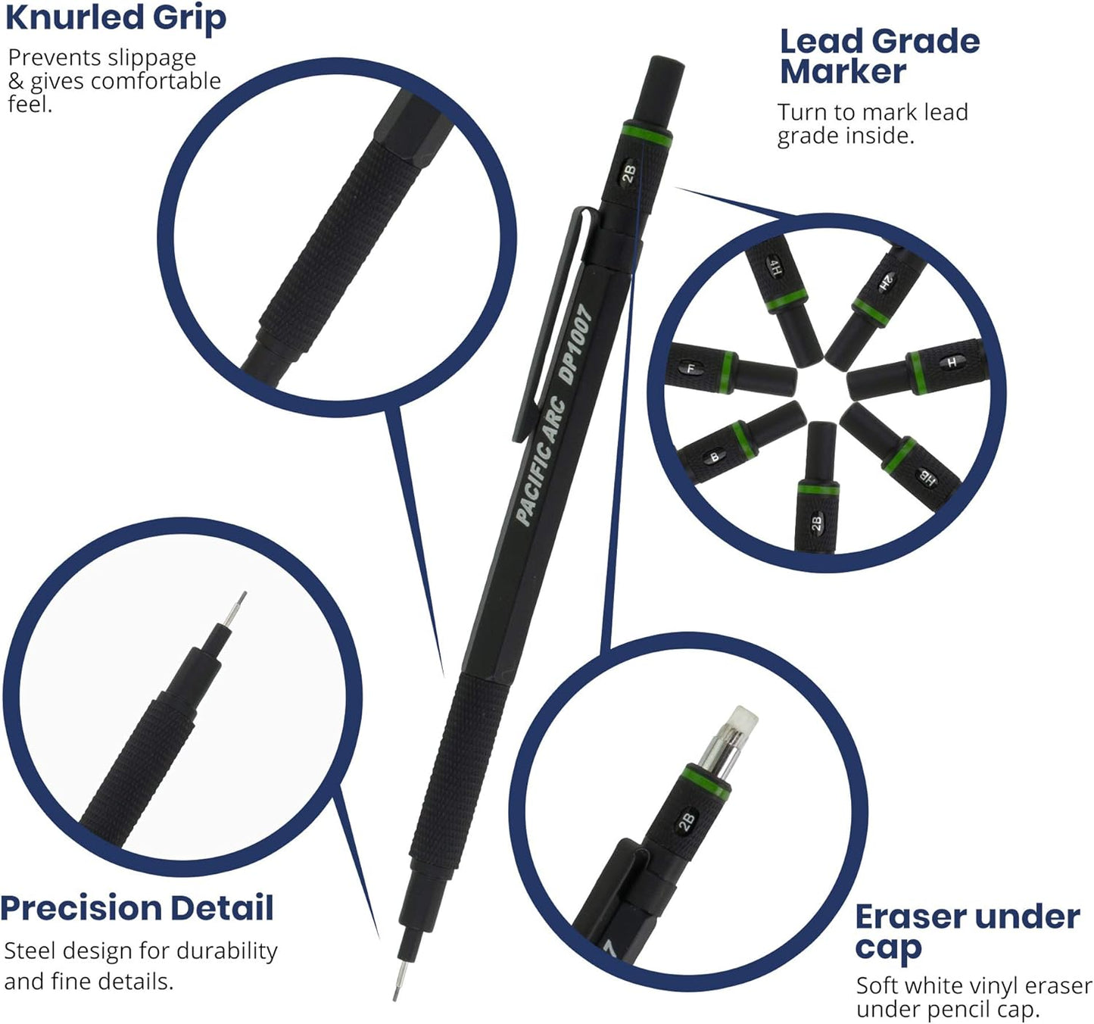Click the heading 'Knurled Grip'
[115, 18]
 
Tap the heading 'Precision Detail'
[137, 908]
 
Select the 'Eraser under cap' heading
[967, 932]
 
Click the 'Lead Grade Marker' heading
[880, 57]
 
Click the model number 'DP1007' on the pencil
[575, 345]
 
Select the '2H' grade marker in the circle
[887, 283]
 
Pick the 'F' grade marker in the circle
[690, 369]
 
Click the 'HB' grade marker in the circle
[927, 476]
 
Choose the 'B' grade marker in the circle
[714, 457]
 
